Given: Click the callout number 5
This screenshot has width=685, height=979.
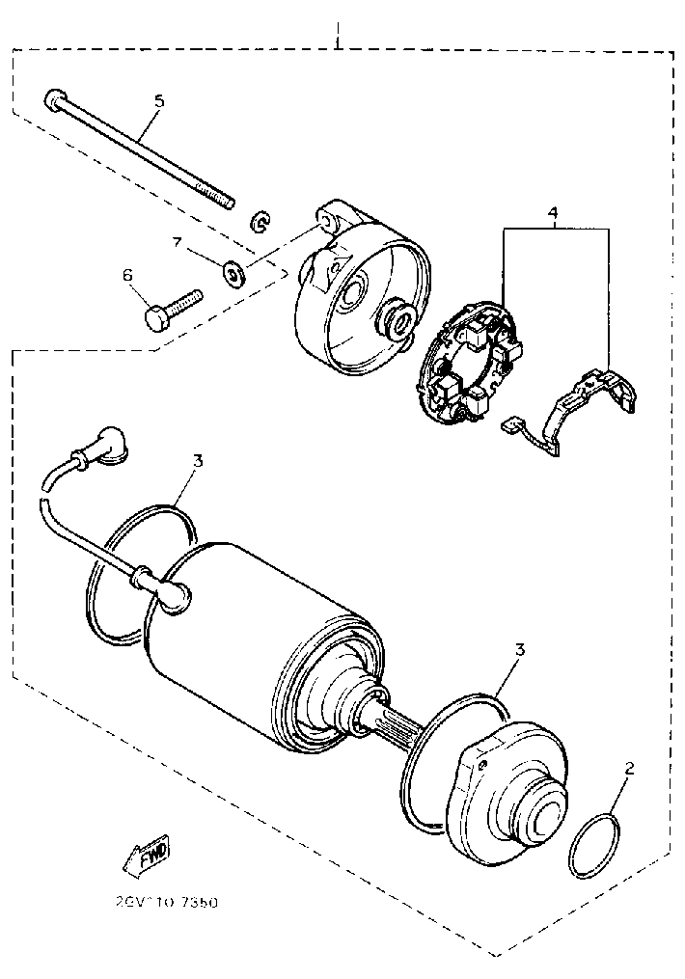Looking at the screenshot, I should [160, 100].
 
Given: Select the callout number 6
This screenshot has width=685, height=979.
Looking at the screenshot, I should [126, 276].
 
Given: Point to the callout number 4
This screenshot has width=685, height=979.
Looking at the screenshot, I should [554, 213].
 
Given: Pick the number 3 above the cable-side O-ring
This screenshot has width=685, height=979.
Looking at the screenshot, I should [197, 462].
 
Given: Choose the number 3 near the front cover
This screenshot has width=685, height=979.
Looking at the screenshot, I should [519, 649].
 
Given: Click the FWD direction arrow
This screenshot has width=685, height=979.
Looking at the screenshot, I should [146, 854].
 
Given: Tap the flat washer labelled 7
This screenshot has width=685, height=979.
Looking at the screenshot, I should [233, 273].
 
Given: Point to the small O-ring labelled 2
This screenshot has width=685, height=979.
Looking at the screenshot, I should [595, 846].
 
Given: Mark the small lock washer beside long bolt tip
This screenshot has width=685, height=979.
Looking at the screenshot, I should [260, 223].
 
